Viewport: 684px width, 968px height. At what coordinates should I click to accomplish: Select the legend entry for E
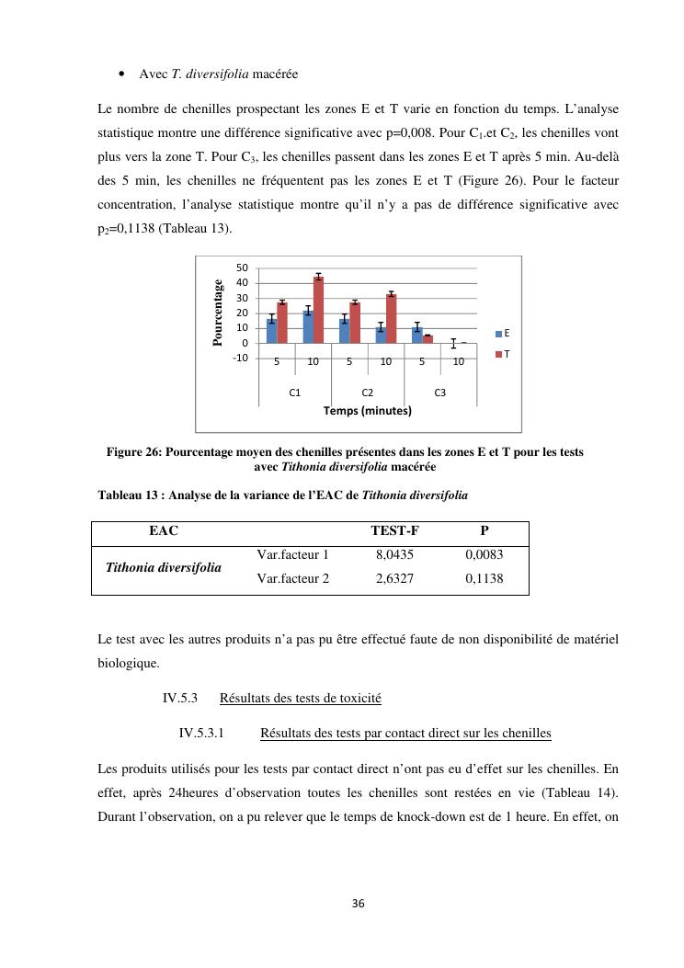click(x=503, y=333)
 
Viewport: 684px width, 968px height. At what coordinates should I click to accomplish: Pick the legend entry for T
click(x=503, y=354)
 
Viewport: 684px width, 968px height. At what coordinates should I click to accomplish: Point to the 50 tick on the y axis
click(x=243, y=268)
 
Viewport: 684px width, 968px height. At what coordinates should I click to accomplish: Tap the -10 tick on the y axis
click(x=241, y=359)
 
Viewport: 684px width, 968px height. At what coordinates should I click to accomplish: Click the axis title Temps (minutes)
click(x=367, y=411)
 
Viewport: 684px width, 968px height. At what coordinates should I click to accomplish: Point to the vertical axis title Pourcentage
click(x=218, y=313)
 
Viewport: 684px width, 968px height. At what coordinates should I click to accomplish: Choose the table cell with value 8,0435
click(x=394, y=555)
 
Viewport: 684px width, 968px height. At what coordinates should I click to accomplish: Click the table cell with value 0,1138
click(x=484, y=579)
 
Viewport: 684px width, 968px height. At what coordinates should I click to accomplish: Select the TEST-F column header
click(x=394, y=530)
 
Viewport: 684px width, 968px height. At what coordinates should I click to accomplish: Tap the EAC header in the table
click(x=164, y=530)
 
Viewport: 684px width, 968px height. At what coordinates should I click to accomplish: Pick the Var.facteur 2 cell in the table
click(x=292, y=579)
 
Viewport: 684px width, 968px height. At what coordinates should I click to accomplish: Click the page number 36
click(x=359, y=904)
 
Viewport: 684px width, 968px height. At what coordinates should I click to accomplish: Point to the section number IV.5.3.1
click(x=201, y=734)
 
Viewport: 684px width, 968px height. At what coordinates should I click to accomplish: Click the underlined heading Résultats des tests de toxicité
click(x=300, y=699)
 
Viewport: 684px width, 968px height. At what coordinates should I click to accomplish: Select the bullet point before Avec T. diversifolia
click(x=122, y=74)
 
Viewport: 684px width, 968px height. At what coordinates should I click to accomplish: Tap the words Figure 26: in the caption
click(x=134, y=452)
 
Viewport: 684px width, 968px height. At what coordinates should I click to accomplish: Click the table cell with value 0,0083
click(x=484, y=555)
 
